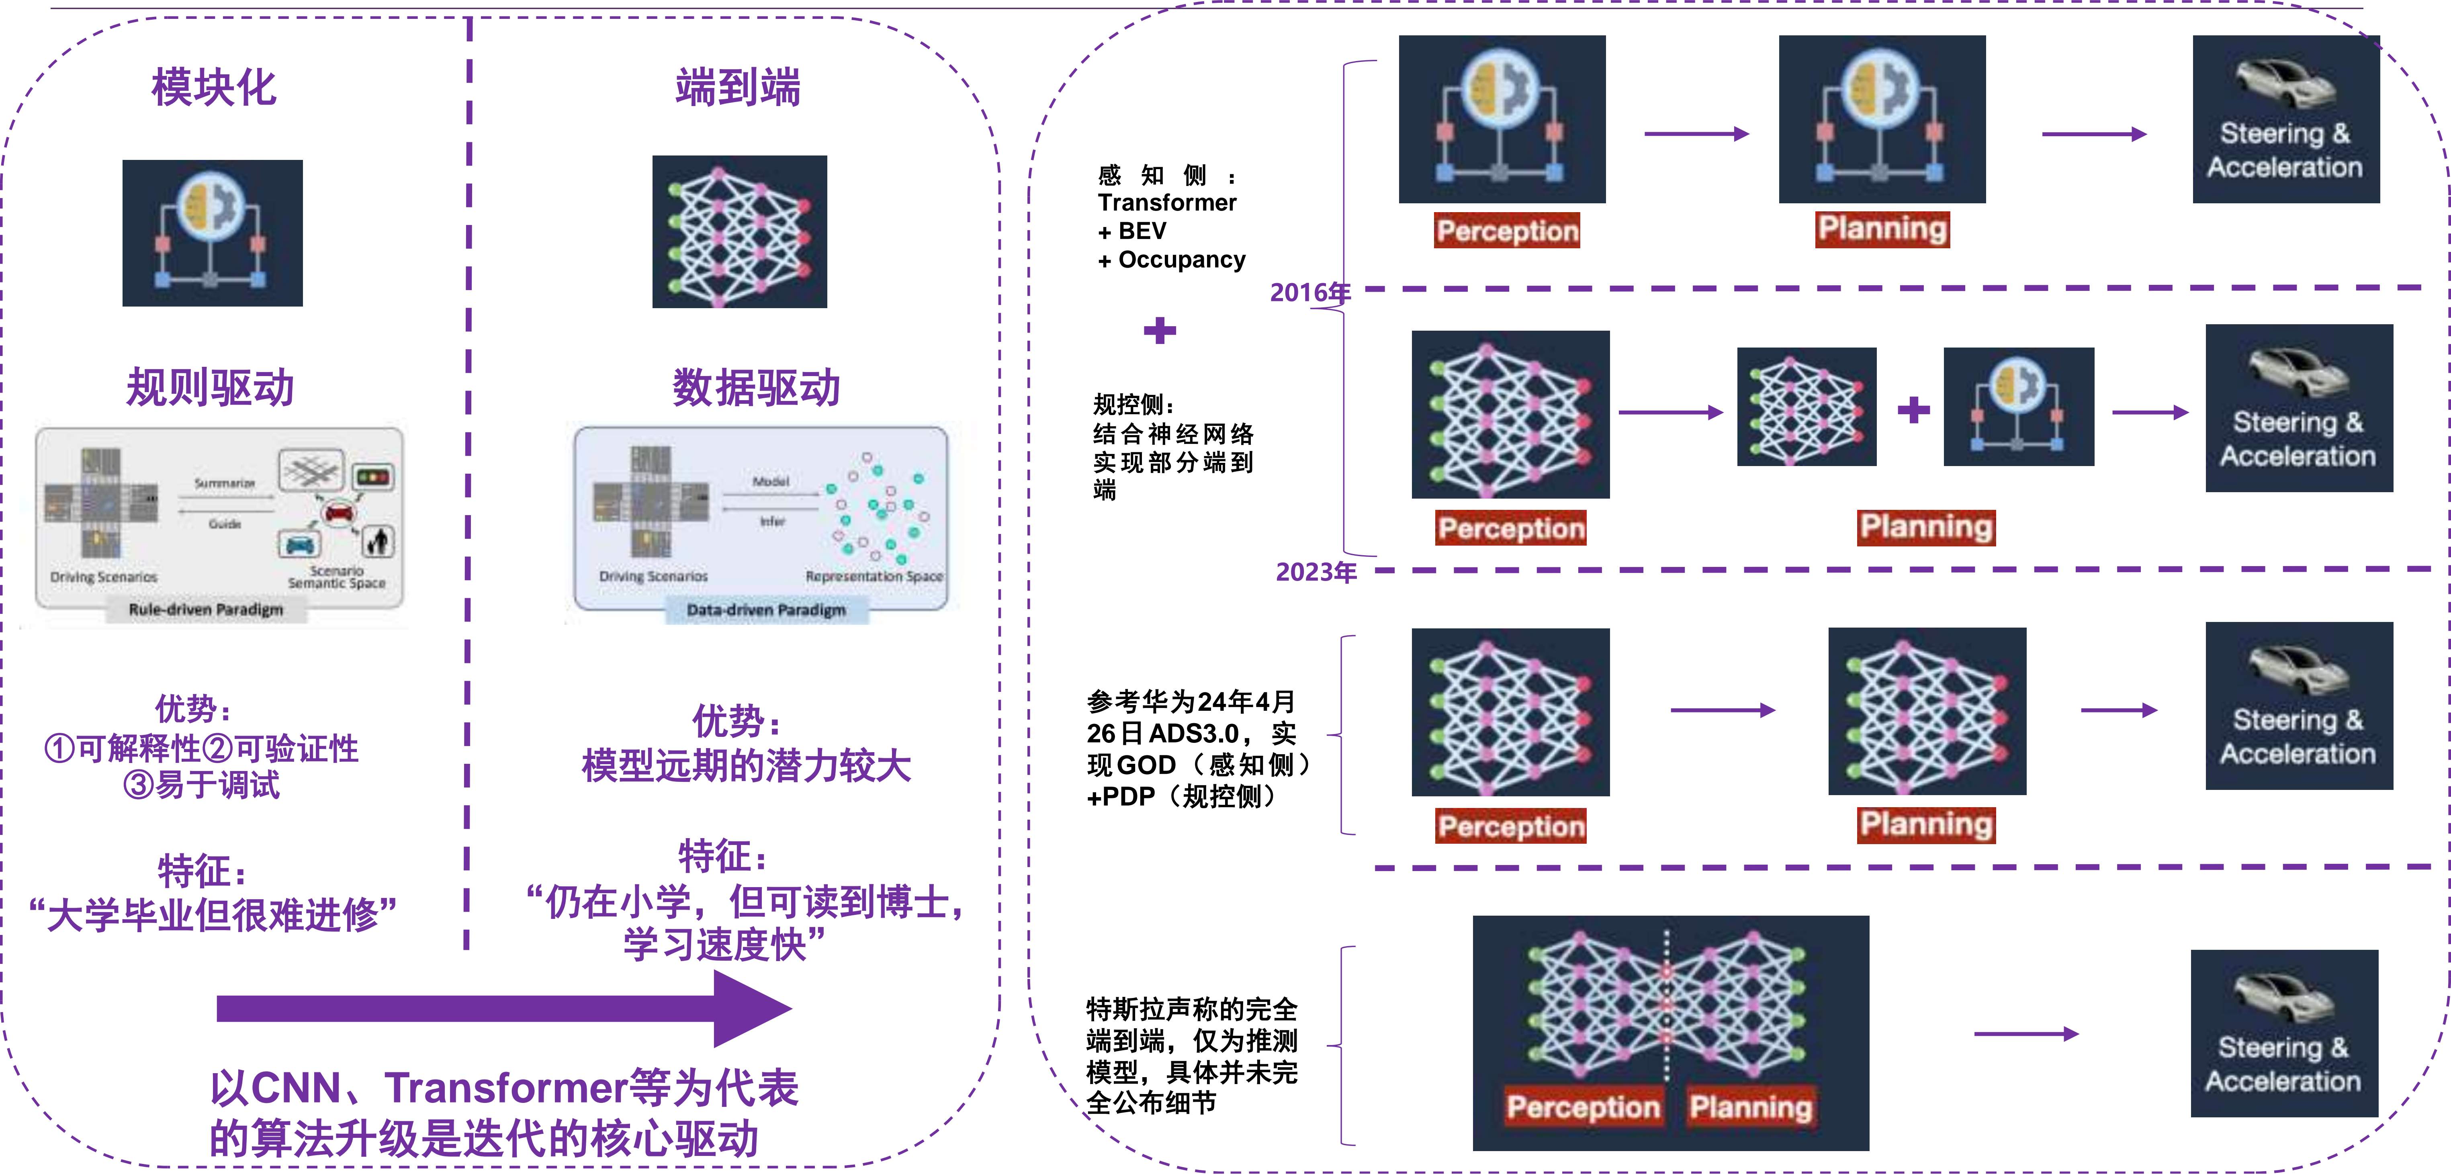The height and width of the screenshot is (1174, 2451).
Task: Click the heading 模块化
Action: click(x=213, y=88)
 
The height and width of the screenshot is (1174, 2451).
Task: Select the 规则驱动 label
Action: click(x=210, y=387)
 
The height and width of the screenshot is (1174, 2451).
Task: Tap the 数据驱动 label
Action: click(x=757, y=387)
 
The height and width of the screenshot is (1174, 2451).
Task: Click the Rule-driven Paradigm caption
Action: click(x=205, y=609)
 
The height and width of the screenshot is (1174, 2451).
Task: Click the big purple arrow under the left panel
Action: click(x=504, y=1008)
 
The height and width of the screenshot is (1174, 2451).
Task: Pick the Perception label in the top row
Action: click(x=1507, y=230)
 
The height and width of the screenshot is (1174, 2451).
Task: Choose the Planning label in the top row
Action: click(x=1882, y=228)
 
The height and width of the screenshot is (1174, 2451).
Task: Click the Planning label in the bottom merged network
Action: click(x=1751, y=1107)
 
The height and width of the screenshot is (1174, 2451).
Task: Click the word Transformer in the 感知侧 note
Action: click(x=1166, y=202)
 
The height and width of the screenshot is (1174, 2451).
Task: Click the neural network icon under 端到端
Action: click(x=739, y=231)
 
